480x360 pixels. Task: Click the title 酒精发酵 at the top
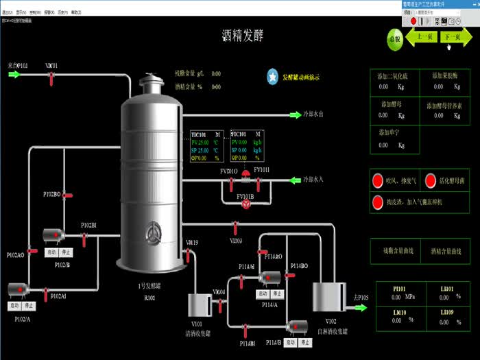(242, 35)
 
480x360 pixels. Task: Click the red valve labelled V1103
(235, 225)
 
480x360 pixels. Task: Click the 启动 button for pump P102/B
(51, 252)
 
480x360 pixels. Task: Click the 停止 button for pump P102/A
(28, 306)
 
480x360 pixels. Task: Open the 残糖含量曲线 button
(398, 251)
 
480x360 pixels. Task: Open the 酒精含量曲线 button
(445, 251)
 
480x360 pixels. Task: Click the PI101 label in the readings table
(399, 289)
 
